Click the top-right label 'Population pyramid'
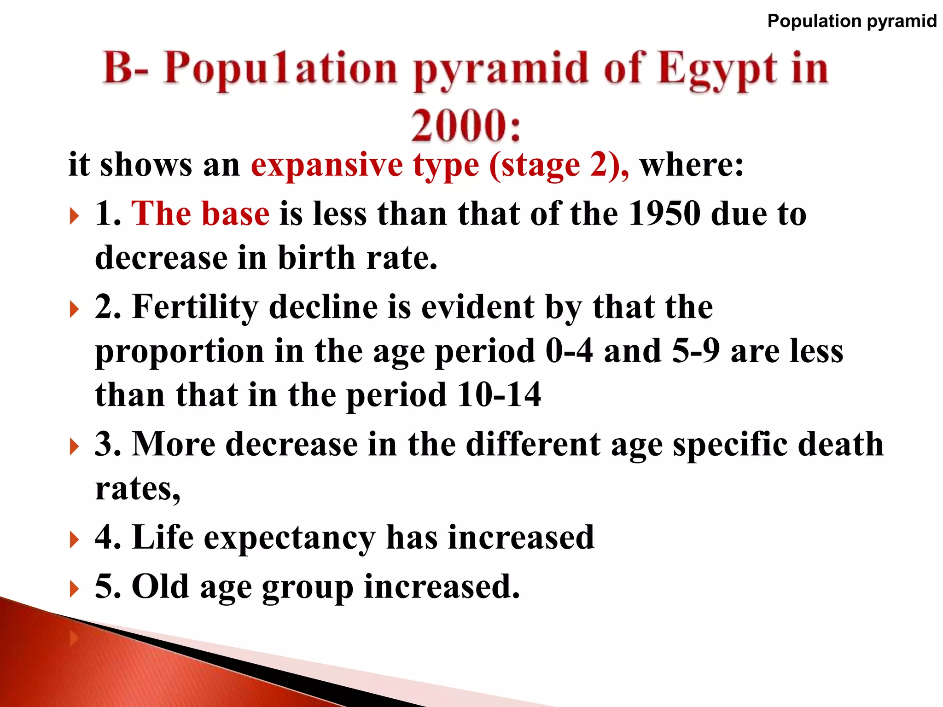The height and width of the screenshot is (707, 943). click(x=852, y=21)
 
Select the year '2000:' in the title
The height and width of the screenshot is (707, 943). click(x=466, y=125)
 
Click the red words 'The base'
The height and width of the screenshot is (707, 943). click(x=200, y=214)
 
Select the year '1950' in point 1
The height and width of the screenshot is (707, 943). click(x=664, y=214)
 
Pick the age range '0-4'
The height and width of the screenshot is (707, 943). click(x=569, y=351)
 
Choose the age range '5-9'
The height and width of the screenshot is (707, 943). click(x=695, y=351)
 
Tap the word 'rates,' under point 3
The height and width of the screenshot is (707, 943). click(x=138, y=488)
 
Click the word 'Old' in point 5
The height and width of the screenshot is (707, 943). click(x=160, y=587)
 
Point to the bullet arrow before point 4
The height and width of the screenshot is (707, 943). click(x=74, y=539)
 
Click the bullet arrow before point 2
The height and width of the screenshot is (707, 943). click(x=74, y=309)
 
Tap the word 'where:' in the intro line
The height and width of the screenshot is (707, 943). click(x=692, y=165)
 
